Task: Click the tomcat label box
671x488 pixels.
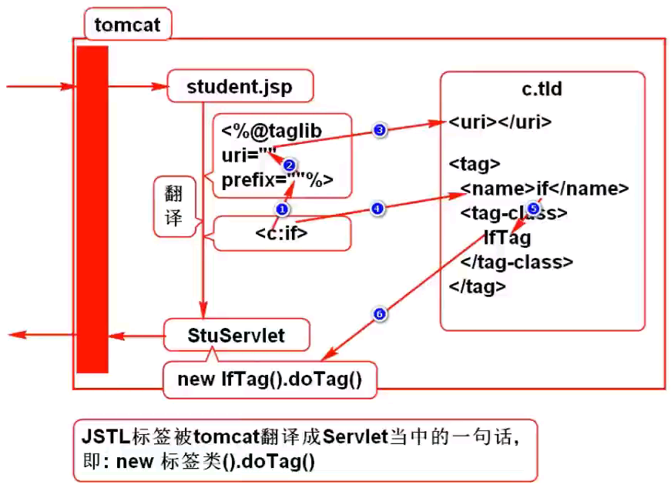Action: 127,25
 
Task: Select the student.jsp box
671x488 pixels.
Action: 240,86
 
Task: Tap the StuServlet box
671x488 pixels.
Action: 237,336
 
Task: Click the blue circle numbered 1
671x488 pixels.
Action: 282,209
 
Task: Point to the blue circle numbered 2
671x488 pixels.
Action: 289,165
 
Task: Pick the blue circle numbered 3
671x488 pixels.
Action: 379,130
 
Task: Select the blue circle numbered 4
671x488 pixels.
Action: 377,209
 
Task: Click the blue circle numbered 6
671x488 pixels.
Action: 378,313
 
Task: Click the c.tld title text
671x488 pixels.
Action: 542,89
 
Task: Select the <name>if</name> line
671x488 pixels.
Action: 544,189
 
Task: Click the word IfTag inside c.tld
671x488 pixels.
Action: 507,237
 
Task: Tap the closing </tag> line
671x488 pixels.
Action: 478,286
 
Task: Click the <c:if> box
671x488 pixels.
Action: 282,232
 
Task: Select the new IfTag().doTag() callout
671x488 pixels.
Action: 270,379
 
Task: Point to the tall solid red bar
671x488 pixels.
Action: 92,209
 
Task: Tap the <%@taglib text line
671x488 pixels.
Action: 271,131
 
